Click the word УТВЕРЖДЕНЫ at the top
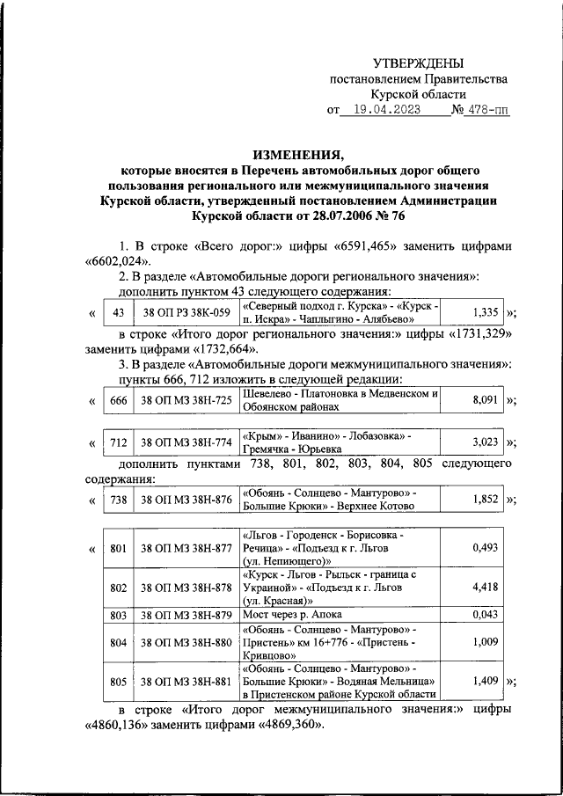coord(418,62)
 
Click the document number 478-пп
coord(488,111)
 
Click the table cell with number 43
coord(120,312)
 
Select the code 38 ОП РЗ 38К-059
coord(186,312)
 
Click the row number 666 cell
coord(120,400)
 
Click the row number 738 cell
coord(120,500)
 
